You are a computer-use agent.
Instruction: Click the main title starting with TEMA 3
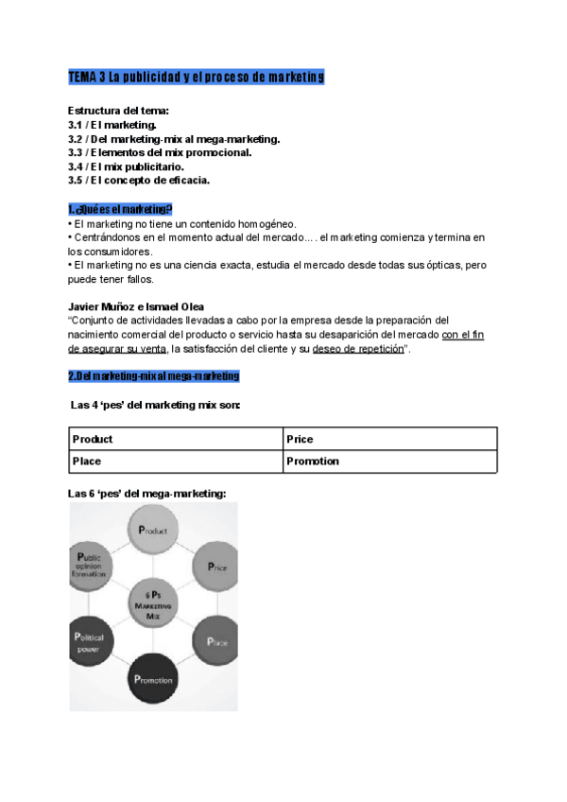(x=196, y=77)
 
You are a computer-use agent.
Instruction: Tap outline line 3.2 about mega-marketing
(x=173, y=138)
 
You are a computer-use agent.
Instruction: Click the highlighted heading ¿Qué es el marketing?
(x=120, y=208)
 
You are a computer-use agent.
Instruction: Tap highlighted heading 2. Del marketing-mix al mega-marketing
(x=153, y=376)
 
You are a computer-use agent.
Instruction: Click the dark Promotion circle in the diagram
(x=152, y=678)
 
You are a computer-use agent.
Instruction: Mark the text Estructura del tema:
(x=119, y=111)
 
